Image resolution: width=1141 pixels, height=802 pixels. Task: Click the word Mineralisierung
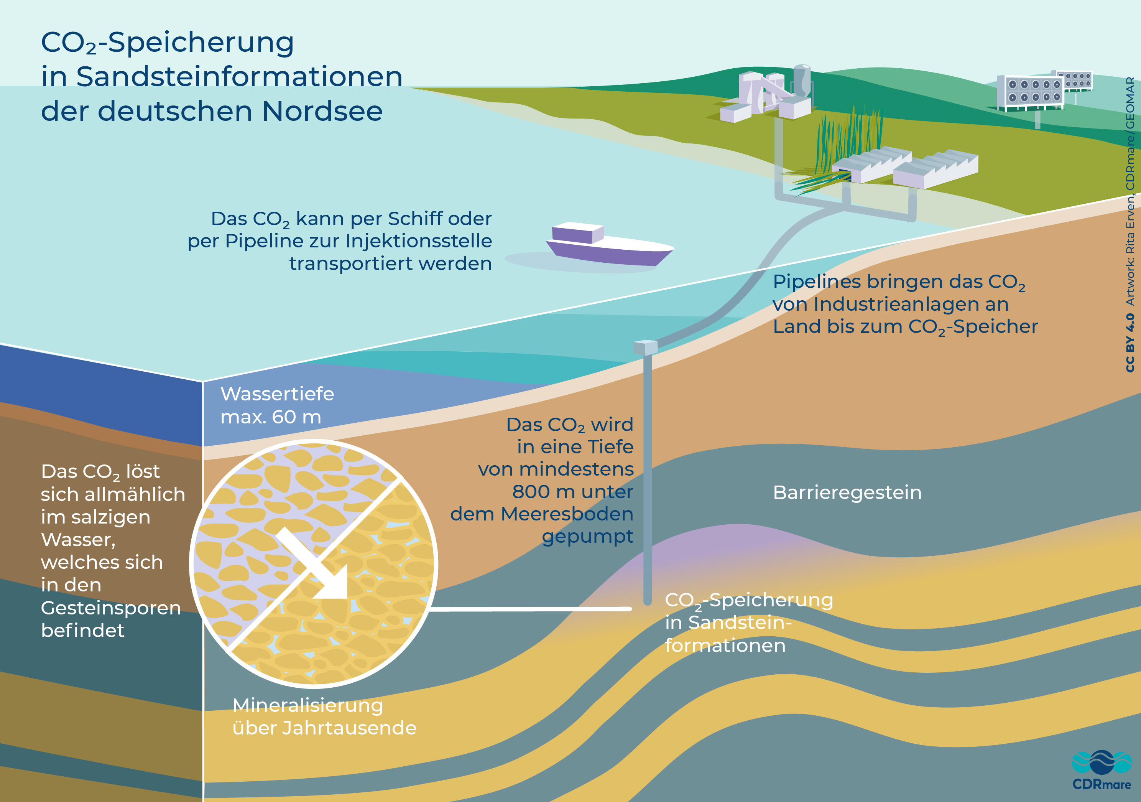pos(307,705)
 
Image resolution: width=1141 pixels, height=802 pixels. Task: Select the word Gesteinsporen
pos(111,608)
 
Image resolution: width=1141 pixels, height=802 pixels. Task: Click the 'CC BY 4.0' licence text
pos(1130,343)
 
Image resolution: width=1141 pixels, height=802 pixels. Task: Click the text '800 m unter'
pos(572,492)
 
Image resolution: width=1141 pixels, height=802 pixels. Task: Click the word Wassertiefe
pos(277,394)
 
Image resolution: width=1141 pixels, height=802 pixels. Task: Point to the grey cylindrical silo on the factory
pos(801,79)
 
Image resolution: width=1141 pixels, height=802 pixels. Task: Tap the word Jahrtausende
pos(349,728)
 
